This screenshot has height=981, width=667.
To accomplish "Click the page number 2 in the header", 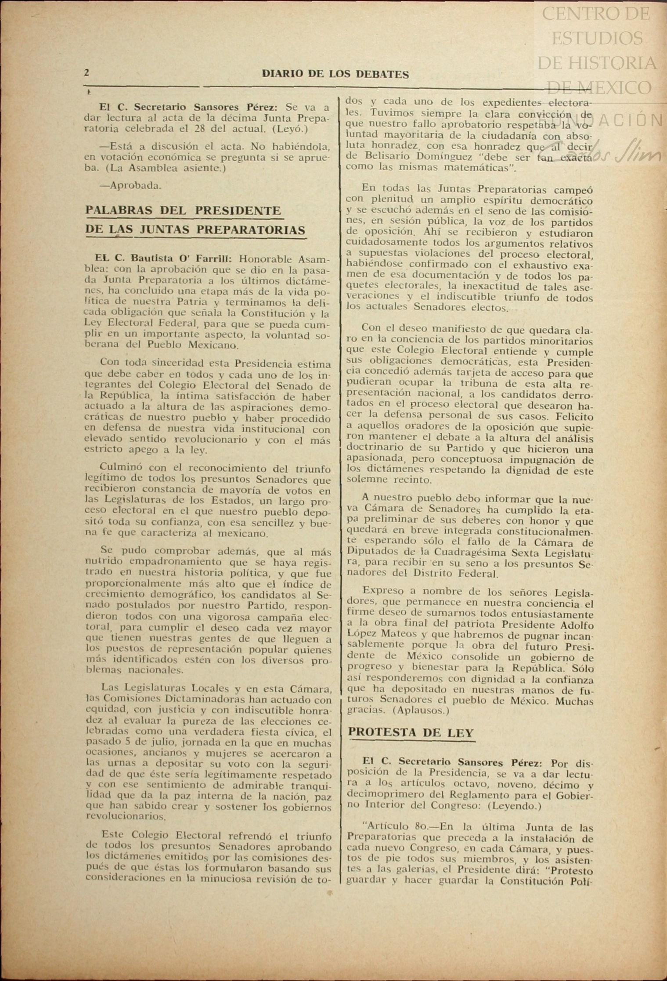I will [x=87, y=73].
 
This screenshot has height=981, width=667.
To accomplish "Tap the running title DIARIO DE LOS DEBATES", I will [x=335, y=74].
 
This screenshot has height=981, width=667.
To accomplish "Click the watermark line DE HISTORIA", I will [x=597, y=63].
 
